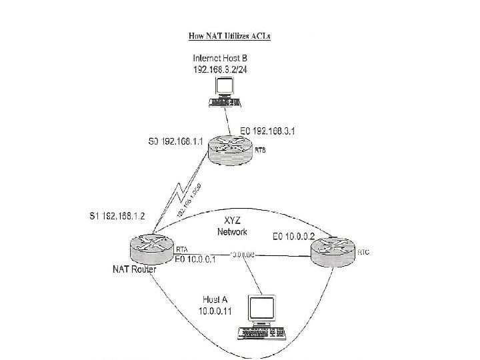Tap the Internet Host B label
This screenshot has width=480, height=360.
229,58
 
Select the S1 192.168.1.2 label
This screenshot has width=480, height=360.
118,216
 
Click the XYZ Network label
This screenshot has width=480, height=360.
232,227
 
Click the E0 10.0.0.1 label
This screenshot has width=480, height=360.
195,259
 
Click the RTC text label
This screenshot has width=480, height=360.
363,253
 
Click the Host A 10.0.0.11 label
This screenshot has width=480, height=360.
217,306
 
